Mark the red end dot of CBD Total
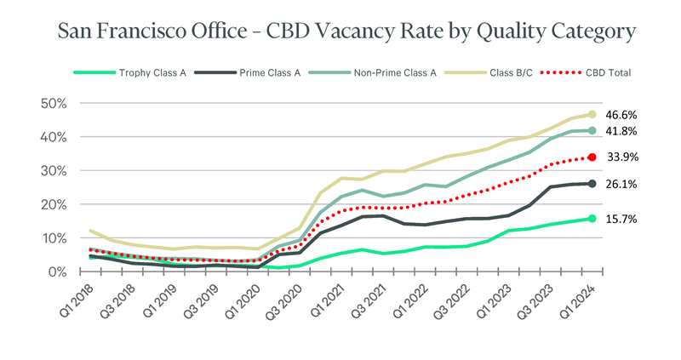592,157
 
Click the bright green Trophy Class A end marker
592,219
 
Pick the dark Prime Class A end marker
592,183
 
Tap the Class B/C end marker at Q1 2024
592,114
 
